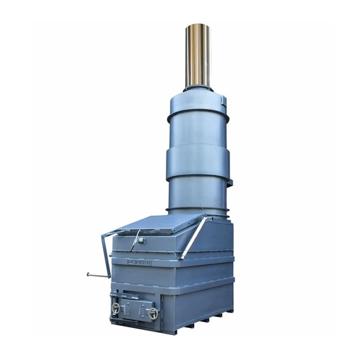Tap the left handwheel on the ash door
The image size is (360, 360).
tap(116, 309)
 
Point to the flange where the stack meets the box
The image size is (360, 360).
tap(197, 211)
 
